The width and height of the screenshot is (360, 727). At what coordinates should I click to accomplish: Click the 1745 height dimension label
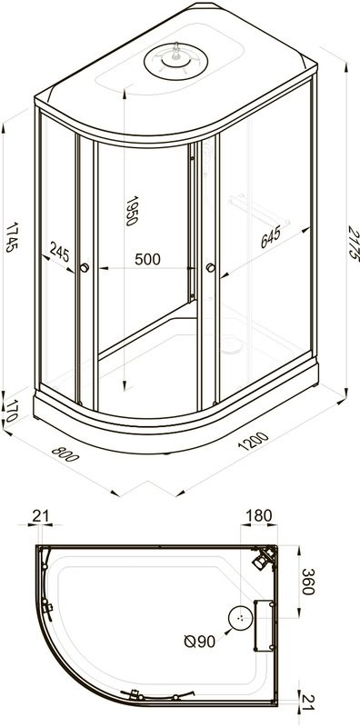coord(12,237)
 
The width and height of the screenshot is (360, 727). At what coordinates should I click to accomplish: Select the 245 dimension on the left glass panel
coord(59,253)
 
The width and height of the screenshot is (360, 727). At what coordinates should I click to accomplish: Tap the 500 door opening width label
coord(147,259)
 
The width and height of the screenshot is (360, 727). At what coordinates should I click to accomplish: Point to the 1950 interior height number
coord(132,211)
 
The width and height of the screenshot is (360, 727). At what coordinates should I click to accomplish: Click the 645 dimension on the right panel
coord(270,237)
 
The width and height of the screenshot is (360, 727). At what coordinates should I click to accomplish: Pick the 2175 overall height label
coord(354,243)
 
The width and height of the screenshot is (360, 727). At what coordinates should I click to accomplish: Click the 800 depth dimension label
coord(65,453)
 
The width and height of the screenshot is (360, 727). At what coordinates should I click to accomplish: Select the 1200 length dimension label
coord(253,442)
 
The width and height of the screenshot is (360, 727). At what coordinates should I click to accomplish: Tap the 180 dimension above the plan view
coord(259,515)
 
